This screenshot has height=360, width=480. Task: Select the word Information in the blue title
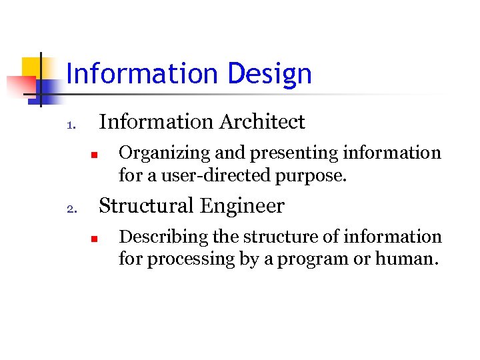click(143, 74)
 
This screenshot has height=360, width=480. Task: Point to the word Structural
click(145, 206)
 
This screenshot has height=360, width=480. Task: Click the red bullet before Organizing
click(95, 155)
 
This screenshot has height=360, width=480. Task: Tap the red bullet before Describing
click(95, 239)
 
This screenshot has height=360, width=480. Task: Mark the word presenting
click(291, 153)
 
